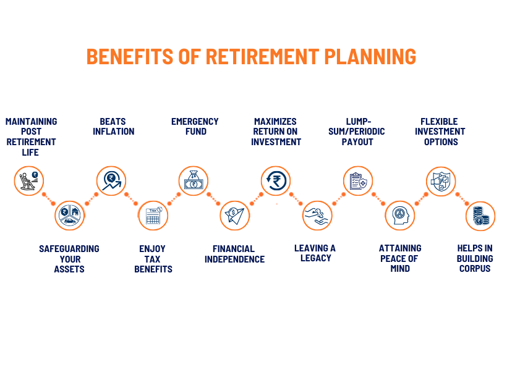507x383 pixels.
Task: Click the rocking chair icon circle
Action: (x=29, y=181)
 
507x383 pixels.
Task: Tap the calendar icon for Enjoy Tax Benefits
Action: (x=153, y=216)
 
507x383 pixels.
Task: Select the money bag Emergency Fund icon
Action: (x=194, y=181)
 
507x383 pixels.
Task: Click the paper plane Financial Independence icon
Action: (x=235, y=216)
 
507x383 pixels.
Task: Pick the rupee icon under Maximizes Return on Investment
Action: (x=276, y=181)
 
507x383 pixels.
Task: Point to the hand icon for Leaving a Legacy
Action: (x=317, y=216)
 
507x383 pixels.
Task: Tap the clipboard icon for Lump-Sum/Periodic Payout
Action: (x=359, y=181)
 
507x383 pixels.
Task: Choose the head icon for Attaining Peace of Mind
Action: (x=400, y=216)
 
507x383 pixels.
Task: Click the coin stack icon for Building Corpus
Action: (x=480, y=216)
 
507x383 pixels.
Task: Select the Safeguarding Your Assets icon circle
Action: (x=70, y=216)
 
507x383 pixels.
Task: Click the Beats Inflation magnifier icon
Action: (x=111, y=181)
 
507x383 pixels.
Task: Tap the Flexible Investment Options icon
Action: (x=441, y=181)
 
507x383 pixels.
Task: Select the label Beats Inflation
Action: (x=114, y=127)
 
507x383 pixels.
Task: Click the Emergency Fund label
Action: (x=195, y=127)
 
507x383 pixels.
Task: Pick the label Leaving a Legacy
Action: (x=315, y=253)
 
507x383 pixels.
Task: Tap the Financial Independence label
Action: (x=234, y=254)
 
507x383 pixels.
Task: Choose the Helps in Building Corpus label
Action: (x=475, y=258)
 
